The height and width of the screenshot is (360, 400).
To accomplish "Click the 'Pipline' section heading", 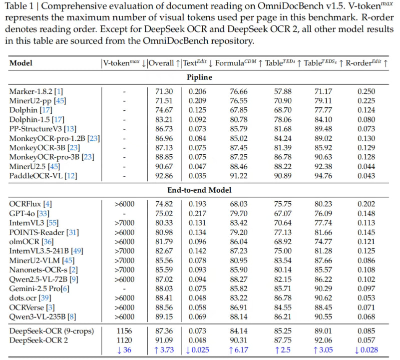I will pyautogui.click(x=200, y=78).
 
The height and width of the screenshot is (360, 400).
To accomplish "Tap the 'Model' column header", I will pyautogui.click(x=20, y=63).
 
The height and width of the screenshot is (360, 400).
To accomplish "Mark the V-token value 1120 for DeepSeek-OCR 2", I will pyautogui.click(x=124, y=340).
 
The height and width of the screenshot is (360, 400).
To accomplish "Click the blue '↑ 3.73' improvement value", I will pyautogui.click(x=164, y=350).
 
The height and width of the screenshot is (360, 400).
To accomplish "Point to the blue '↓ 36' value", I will pyautogui.click(x=124, y=350).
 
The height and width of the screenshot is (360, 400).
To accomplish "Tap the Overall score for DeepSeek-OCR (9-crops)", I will pyautogui.click(x=164, y=331).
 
